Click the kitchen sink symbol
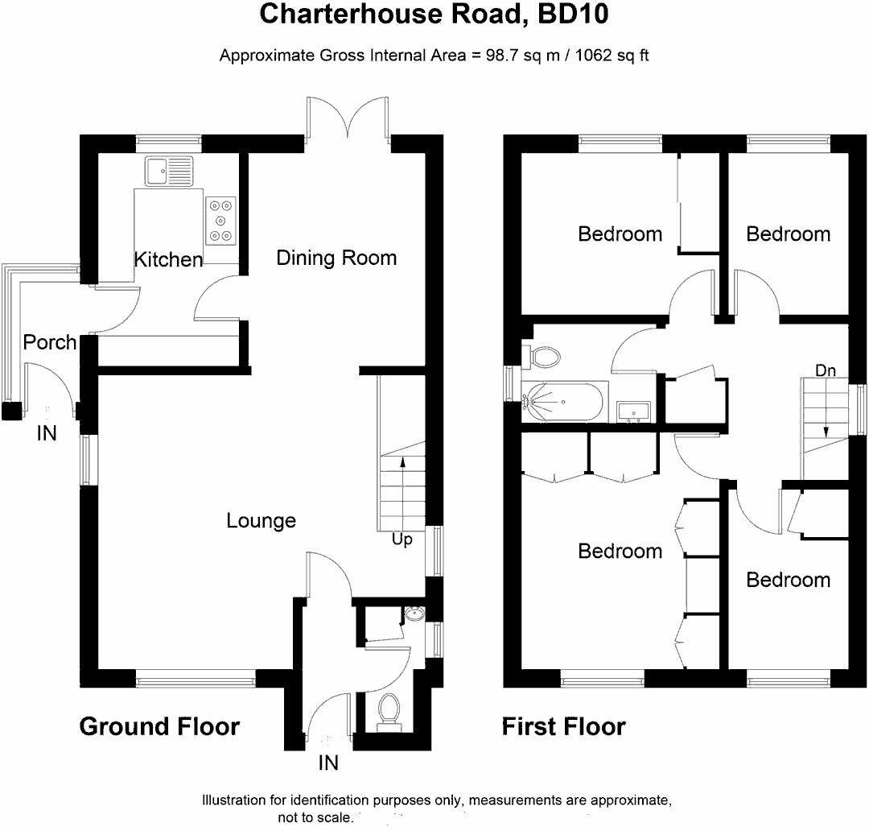[x=168, y=171]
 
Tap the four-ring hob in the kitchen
[x=221, y=220]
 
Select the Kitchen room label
[x=168, y=260]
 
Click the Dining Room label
[x=336, y=258]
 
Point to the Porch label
[x=50, y=342]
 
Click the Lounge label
[x=261, y=521]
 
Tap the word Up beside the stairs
[x=402, y=540]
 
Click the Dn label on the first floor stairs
[x=826, y=371]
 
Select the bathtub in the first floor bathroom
[x=562, y=402]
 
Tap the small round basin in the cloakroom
[x=414, y=614]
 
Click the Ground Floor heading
[x=159, y=727]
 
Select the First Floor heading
[x=563, y=727]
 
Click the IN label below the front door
[x=328, y=763]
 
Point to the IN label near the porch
[x=47, y=434]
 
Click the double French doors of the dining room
[x=348, y=119]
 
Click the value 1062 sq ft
[x=608, y=56]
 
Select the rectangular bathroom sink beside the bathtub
[x=636, y=411]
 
